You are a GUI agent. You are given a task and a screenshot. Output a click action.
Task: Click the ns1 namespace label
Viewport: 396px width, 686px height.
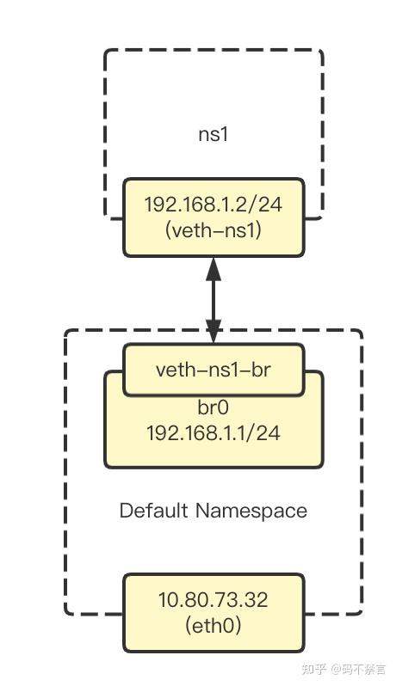coord(213,135)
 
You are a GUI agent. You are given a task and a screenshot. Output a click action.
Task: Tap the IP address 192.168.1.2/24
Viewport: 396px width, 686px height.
coord(213,205)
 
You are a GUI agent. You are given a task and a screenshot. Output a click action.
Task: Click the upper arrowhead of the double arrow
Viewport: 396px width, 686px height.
coord(213,268)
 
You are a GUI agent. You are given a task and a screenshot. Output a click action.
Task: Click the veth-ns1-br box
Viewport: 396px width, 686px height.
coord(213,370)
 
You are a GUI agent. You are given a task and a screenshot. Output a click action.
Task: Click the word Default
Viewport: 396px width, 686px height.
coord(154,511)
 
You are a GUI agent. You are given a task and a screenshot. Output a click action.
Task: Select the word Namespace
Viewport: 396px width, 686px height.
coord(251,511)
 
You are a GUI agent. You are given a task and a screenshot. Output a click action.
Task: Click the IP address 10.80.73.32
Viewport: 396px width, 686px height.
coord(213,600)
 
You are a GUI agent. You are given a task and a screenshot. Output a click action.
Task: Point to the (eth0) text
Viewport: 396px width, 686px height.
coord(213,625)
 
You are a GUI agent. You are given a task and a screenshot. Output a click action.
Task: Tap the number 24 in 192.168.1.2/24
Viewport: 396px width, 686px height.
coord(271,205)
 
